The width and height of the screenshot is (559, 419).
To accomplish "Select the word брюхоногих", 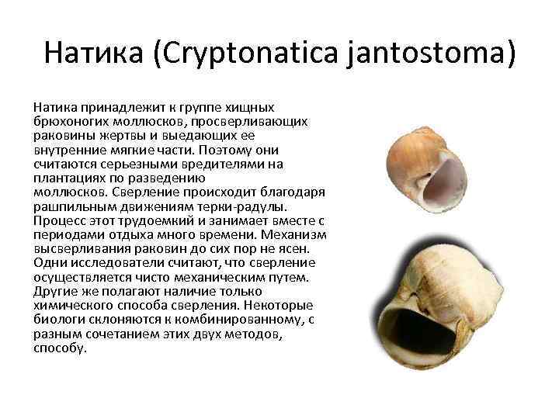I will coord(70,123).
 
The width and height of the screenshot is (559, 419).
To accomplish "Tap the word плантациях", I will coord(68,178).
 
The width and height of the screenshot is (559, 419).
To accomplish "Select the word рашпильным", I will coord(69,206).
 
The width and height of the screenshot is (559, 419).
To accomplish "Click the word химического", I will coord(71,304).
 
